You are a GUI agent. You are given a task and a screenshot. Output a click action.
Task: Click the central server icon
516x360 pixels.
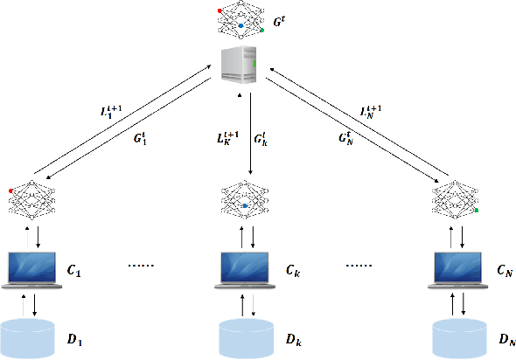241,65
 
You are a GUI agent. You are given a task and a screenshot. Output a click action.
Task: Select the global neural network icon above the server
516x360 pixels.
240,18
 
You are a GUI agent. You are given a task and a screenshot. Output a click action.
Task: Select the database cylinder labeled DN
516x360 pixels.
460,336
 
